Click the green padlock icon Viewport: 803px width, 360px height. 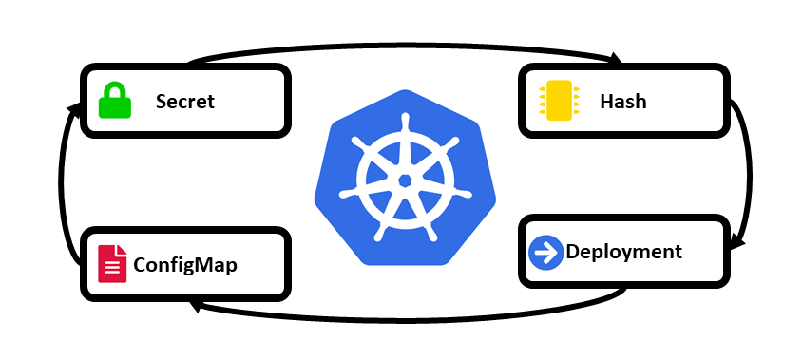click(113, 100)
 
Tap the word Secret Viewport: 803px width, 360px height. click(185, 101)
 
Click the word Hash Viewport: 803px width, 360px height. click(623, 101)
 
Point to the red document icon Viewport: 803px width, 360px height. click(112, 263)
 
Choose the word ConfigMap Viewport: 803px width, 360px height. click(185, 264)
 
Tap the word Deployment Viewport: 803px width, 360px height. click(623, 252)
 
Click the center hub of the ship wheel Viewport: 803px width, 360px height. click(405, 180)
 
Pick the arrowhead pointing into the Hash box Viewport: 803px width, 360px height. click(615, 60)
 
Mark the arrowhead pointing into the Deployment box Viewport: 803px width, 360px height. click(736, 243)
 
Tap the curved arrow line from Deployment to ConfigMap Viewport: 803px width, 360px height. click(409, 318)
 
